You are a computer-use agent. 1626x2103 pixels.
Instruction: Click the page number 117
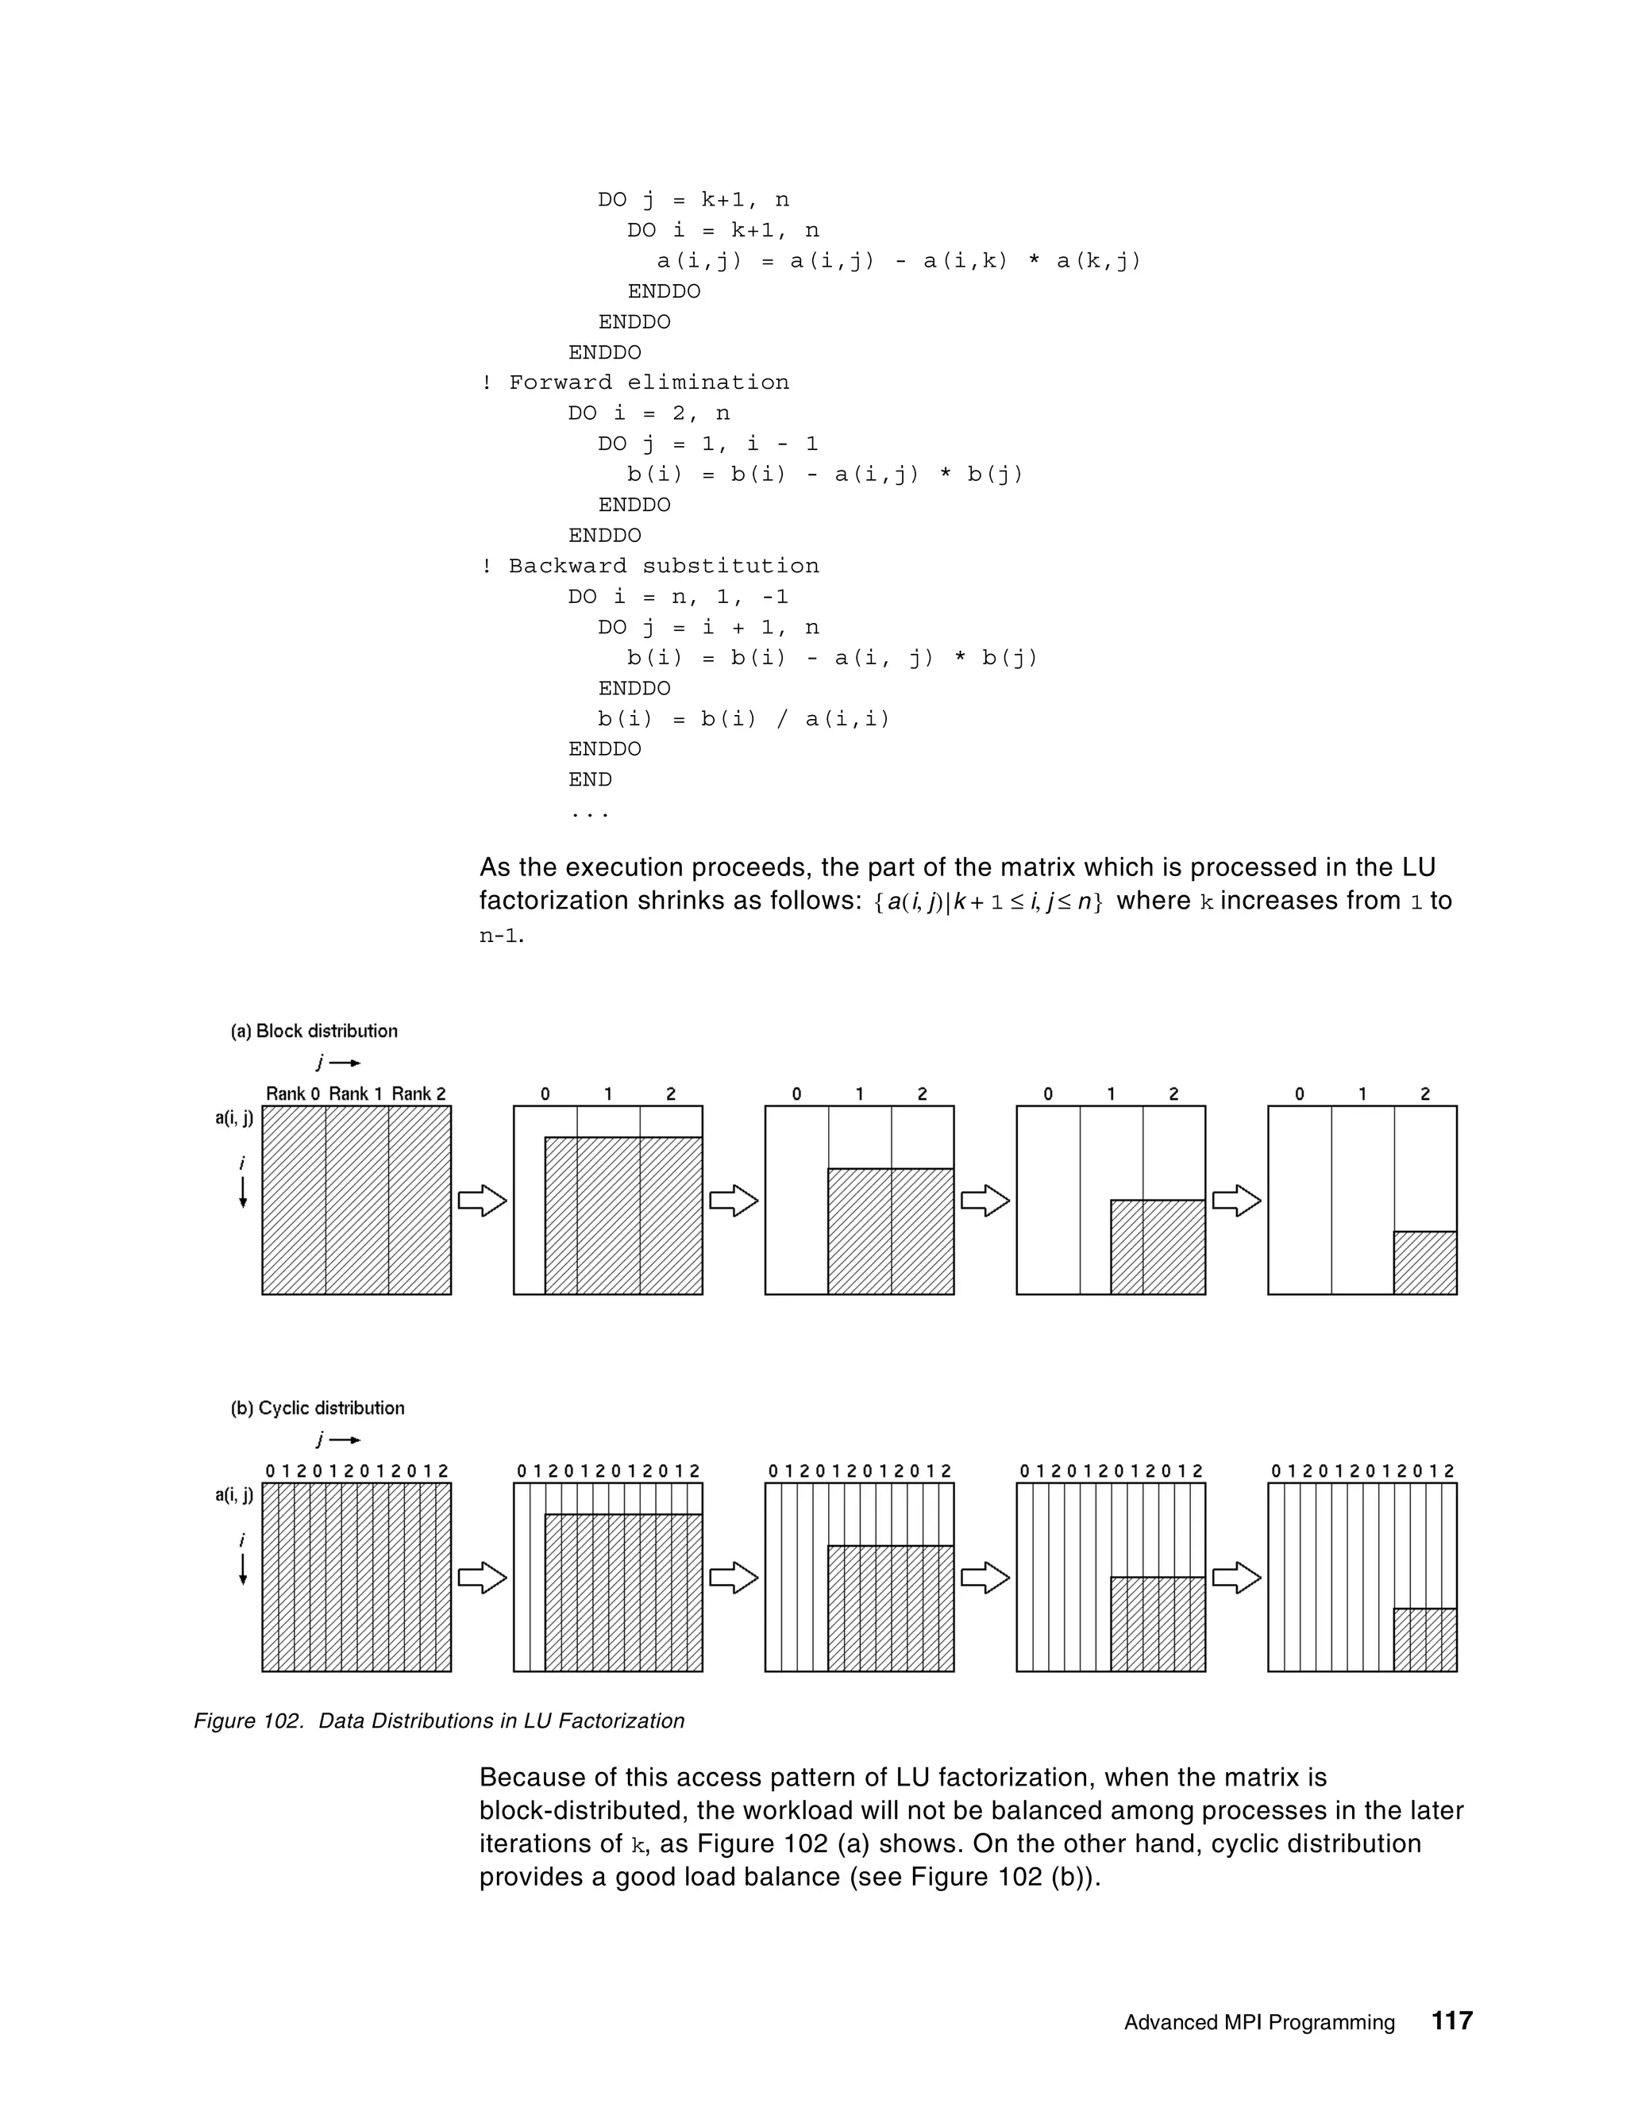pyautogui.click(x=1451, y=2020)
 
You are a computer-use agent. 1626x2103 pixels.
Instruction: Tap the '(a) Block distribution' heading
pyautogui.click(x=314, y=1032)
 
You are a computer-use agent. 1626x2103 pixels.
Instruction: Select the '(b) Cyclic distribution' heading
pyautogui.click(x=317, y=1408)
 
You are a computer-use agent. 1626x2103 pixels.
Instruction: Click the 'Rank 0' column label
pyautogui.click(x=293, y=1094)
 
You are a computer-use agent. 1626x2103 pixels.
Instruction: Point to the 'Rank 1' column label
pyautogui.click(x=356, y=1094)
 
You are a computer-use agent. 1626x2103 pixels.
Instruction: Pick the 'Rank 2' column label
pyautogui.click(x=419, y=1094)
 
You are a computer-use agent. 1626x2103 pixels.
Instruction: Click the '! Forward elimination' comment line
pyautogui.click(x=635, y=383)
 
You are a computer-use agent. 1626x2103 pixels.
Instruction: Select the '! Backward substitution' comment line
pyautogui.click(x=650, y=566)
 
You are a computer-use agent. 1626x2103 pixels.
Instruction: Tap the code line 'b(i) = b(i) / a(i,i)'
pyautogui.click(x=744, y=718)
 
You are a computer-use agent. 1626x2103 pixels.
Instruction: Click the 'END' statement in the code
pyautogui.click(x=590, y=779)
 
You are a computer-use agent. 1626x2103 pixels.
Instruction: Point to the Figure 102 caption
pyautogui.click(x=439, y=1720)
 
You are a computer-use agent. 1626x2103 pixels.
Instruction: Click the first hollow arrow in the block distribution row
pyautogui.click(x=482, y=1201)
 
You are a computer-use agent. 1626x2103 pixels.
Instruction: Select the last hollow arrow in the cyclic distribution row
pyautogui.click(x=1236, y=1578)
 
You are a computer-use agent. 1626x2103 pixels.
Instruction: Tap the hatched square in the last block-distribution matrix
pyautogui.click(x=1424, y=1263)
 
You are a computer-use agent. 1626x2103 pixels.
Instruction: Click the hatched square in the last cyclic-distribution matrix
pyautogui.click(x=1424, y=1640)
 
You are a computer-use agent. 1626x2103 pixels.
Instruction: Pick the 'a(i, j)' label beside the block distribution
pyautogui.click(x=234, y=1118)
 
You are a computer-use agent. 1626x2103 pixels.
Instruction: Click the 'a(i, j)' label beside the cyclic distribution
pyautogui.click(x=234, y=1494)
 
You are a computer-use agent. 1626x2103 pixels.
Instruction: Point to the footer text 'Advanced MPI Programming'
pyautogui.click(x=1259, y=2022)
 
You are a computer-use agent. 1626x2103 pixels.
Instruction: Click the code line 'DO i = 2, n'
pyautogui.click(x=649, y=413)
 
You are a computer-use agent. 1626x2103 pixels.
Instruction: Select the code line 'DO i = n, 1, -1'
pyautogui.click(x=678, y=597)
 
